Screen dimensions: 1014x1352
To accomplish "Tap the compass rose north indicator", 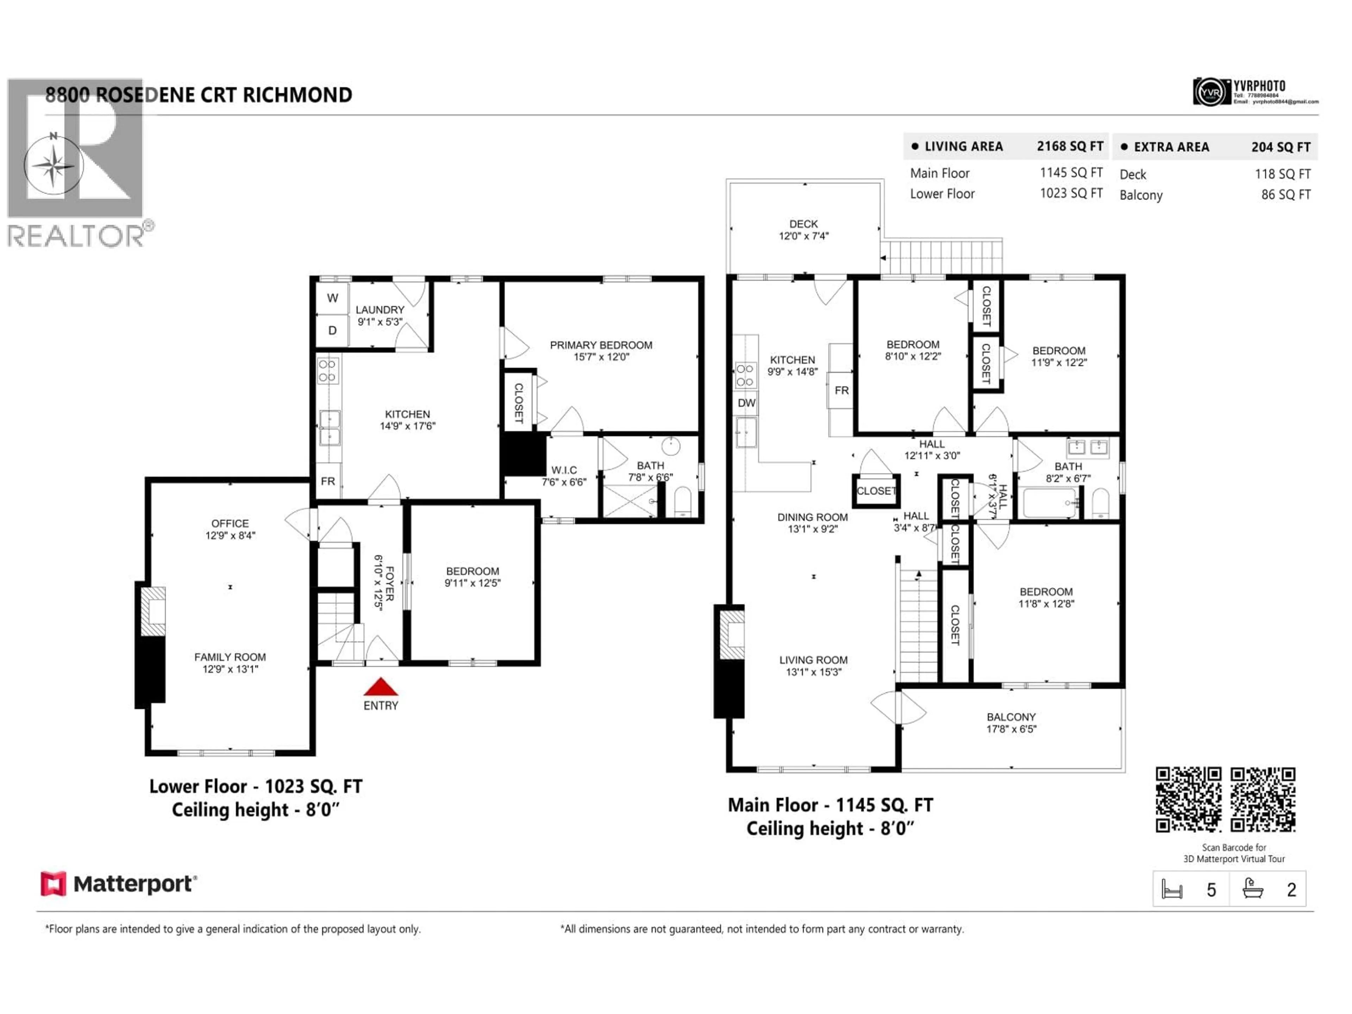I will (x=54, y=164).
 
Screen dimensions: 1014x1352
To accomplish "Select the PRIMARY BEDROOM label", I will (x=601, y=345).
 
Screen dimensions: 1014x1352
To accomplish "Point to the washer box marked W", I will (x=332, y=298).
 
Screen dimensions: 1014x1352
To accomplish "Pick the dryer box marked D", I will (x=332, y=331).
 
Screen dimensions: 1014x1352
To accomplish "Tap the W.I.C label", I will (x=564, y=470).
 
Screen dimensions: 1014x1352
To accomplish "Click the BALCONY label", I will (x=1011, y=717).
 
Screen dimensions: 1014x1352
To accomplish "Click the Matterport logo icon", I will (x=53, y=884).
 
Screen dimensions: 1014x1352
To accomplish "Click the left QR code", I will (x=1188, y=800).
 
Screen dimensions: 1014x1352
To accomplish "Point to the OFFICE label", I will (x=230, y=524).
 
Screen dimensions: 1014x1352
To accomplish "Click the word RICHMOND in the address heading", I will (x=297, y=95).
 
